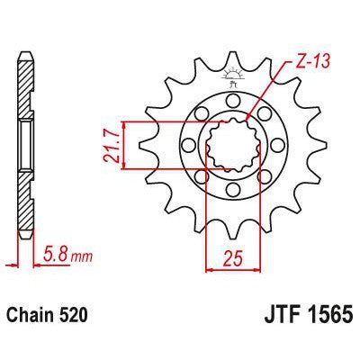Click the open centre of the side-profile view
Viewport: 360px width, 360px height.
tap(25, 144)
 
